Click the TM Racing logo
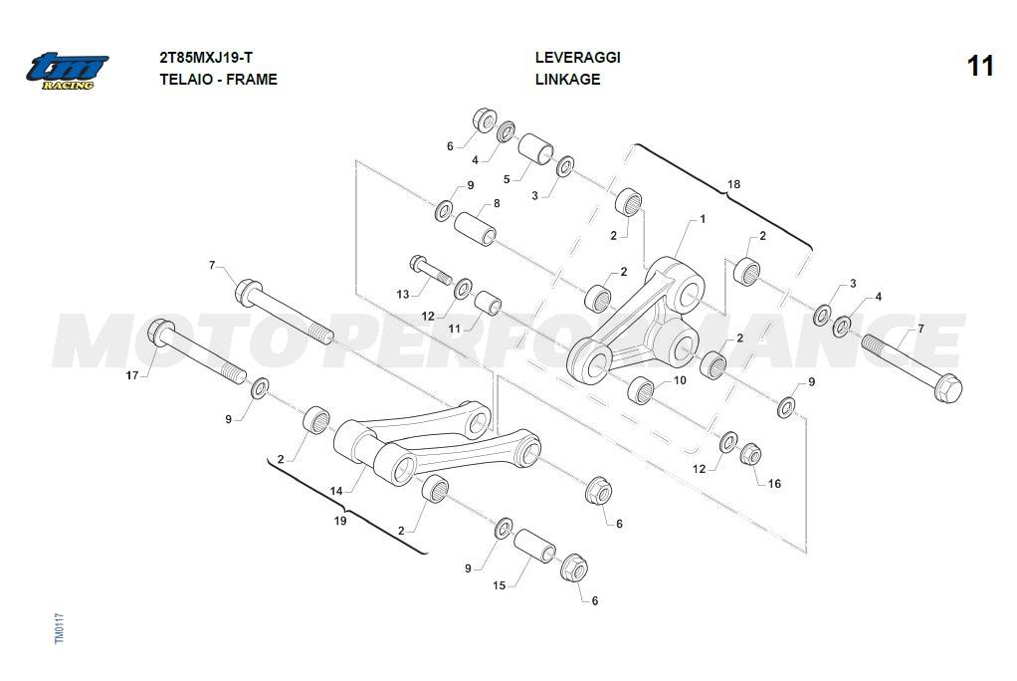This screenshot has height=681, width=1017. [67, 70]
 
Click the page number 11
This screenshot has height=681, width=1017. [980, 67]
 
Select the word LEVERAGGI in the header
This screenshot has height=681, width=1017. [577, 57]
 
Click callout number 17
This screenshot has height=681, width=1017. [132, 375]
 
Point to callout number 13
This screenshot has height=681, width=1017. [402, 295]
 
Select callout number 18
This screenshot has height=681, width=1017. [733, 184]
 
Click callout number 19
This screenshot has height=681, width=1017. [340, 520]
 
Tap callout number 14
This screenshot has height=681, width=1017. [336, 491]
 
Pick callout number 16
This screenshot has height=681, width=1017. [774, 484]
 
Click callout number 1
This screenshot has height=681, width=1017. [702, 218]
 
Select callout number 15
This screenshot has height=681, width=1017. [500, 585]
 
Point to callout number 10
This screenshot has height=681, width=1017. [680, 380]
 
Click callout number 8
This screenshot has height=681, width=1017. [496, 203]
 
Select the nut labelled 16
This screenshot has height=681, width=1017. [751, 455]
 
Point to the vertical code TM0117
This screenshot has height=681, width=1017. [59, 629]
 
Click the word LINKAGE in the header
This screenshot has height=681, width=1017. [567, 80]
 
